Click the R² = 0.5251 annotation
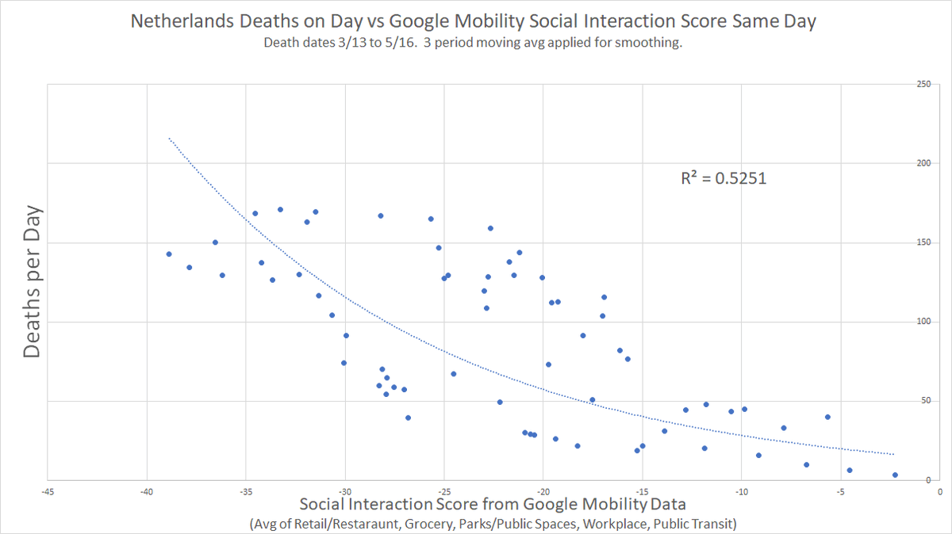click(724, 179)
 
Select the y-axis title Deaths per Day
click(32, 283)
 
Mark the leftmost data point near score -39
click(169, 254)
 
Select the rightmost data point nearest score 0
click(895, 475)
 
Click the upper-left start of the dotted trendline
click(169, 139)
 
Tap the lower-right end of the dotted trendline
click(894, 454)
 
